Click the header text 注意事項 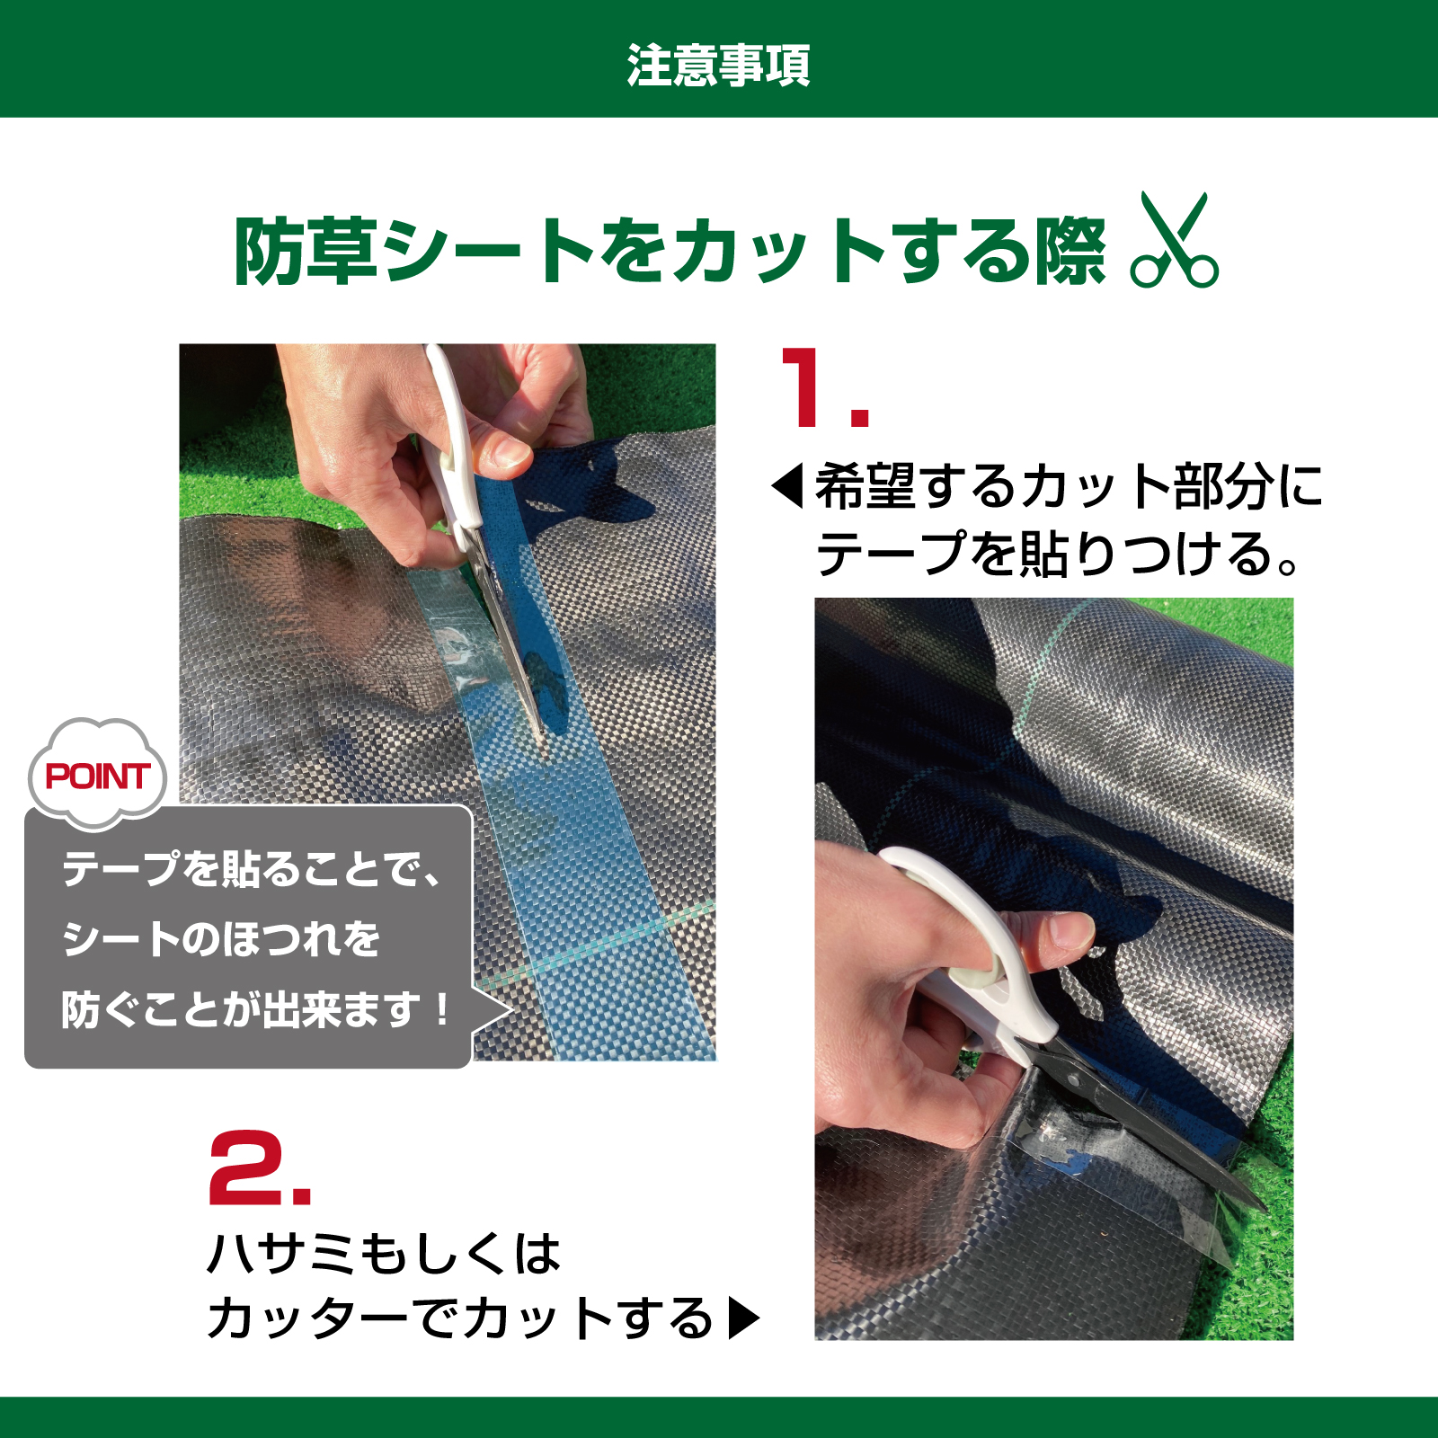[x=718, y=66]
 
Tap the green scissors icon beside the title [x=1174, y=242]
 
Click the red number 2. [x=258, y=1167]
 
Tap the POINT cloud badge [x=97, y=775]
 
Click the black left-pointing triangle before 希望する [x=788, y=486]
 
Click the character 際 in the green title [x=1070, y=253]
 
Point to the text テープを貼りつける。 [x=1056, y=554]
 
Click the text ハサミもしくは [x=384, y=1253]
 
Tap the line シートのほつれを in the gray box [x=221, y=939]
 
